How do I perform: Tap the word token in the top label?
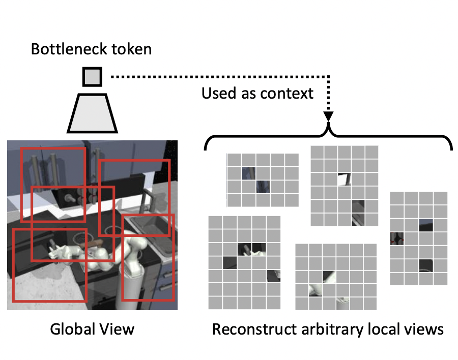[134, 49]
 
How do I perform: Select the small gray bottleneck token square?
[92, 77]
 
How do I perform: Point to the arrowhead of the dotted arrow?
[328, 116]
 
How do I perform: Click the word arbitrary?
[330, 329]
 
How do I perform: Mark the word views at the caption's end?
[425, 329]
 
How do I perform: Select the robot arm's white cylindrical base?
[133, 285]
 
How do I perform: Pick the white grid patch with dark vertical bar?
[344, 179]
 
